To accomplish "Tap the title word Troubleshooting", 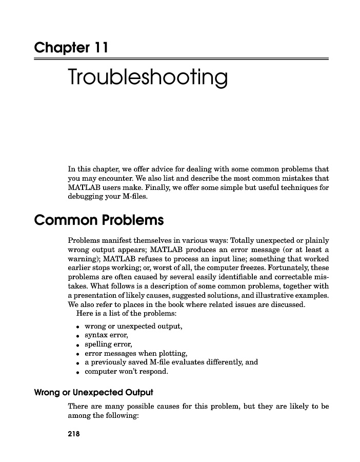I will [148, 78].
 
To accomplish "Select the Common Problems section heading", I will [98, 221].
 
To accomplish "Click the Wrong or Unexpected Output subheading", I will [93, 393].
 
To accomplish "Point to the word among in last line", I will [79, 416].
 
